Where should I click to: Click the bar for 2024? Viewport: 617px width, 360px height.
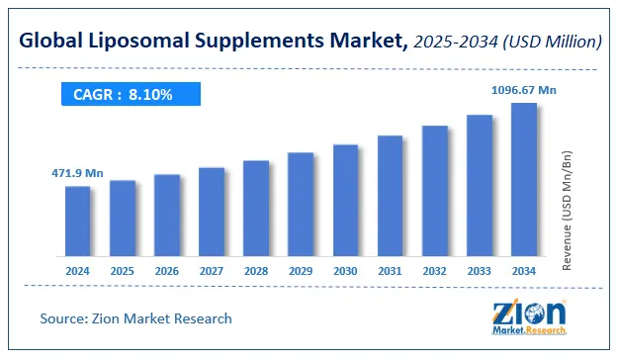tap(78, 221)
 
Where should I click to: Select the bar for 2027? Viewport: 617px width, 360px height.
tap(212, 212)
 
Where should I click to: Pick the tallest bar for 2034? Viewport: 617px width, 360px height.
tap(523, 179)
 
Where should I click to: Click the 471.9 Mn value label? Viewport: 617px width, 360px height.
tap(77, 173)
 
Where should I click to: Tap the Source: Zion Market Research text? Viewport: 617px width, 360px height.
tap(135, 318)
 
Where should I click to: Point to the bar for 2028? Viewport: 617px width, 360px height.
tap(256, 208)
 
